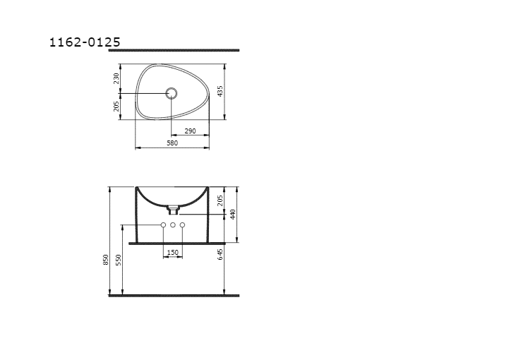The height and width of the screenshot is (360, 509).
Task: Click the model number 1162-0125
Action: click(x=85, y=42)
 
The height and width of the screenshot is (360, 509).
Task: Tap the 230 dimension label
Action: click(x=116, y=78)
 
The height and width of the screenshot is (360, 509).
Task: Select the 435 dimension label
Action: click(x=220, y=91)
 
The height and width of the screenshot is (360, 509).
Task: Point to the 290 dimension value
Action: click(x=190, y=131)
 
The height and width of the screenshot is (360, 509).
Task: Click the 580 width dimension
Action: click(x=172, y=143)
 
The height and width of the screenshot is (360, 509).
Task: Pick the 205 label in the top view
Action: click(x=116, y=106)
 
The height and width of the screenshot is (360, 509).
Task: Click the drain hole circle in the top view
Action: click(x=171, y=93)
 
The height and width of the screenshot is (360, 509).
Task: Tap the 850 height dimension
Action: click(x=105, y=260)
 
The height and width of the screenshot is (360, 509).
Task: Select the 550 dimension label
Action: click(x=119, y=260)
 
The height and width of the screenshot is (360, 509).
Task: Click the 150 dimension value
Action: click(x=173, y=252)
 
